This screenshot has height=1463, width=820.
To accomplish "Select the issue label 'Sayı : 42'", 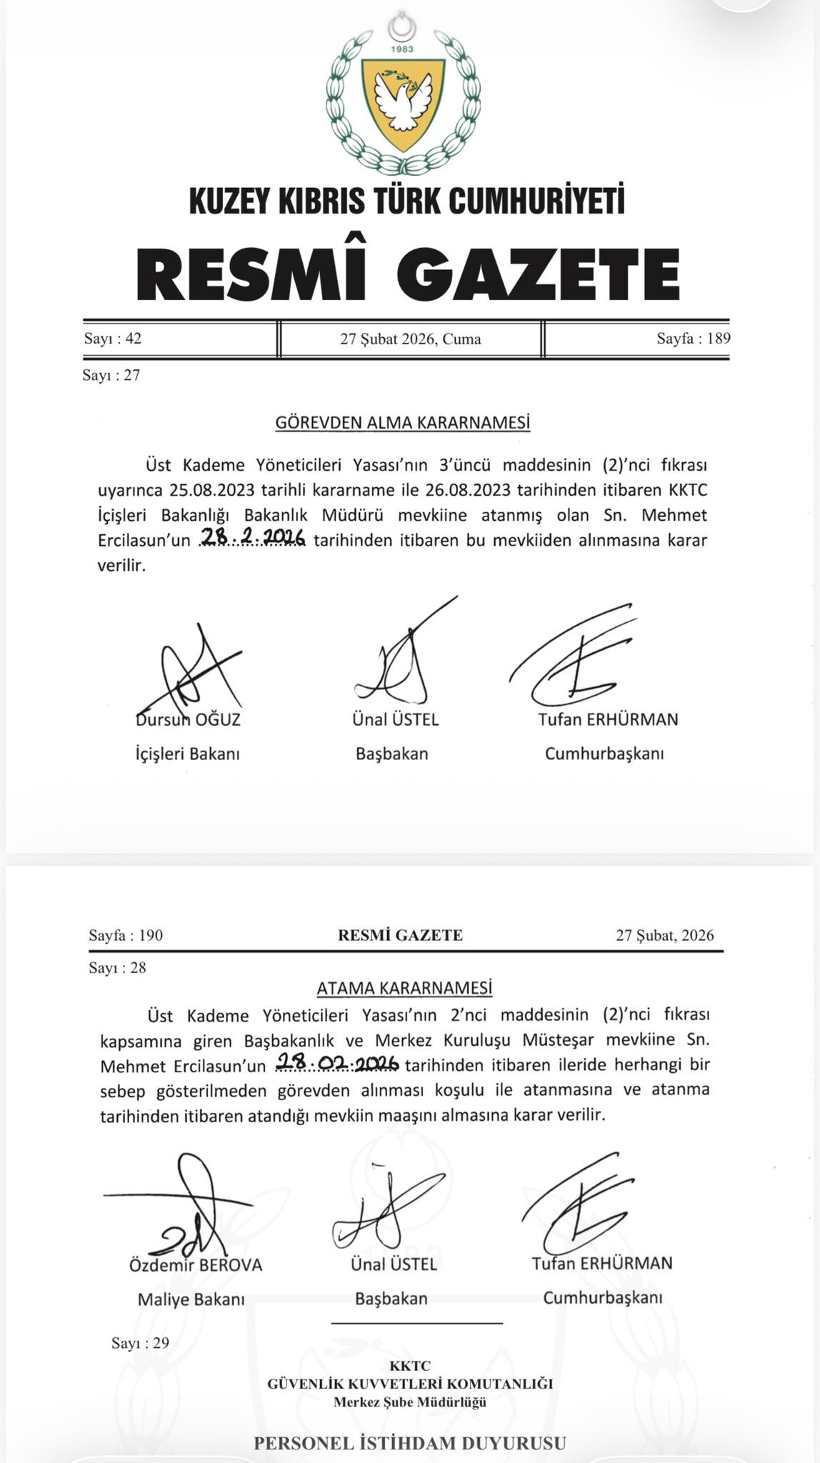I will [x=113, y=339].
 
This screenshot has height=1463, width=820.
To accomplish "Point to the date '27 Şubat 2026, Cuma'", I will [x=410, y=339].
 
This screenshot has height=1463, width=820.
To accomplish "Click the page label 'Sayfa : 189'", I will [x=693, y=339].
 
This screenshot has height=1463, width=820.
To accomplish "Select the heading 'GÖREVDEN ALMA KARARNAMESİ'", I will [x=403, y=424].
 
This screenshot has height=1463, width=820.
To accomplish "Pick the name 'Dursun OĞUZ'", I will [x=188, y=719].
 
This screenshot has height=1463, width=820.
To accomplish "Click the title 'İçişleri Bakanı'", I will [x=187, y=754].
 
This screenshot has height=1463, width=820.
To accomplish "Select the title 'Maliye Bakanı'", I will [x=191, y=1299].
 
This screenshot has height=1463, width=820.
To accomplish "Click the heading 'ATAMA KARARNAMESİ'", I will [x=404, y=989].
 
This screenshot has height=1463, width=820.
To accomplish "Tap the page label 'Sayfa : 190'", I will [x=126, y=935].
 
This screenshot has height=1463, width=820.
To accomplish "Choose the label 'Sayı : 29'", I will [x=140, y=1343].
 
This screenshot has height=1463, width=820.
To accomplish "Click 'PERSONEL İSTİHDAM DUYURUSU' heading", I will [x=409, y=1443].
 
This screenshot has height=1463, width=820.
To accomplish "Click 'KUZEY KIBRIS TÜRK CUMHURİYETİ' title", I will [x=406, y=201].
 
